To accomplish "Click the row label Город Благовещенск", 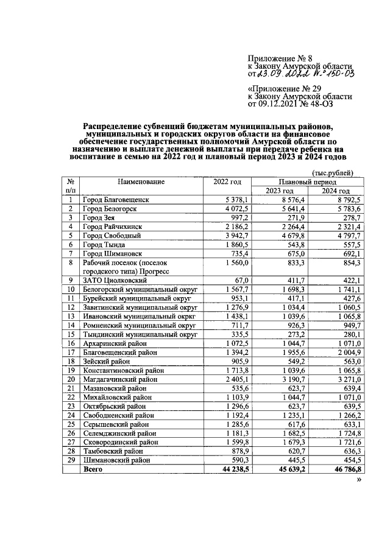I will pyautogui.click(x=116, y=199).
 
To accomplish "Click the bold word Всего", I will pyautogui.click(x=94, y=470).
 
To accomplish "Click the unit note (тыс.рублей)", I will pyautogui.click(x=332, y=172).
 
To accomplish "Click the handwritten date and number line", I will pyautogui.click(x=300, y=74).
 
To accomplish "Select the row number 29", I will pyautogui.click(x=71, y=460).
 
